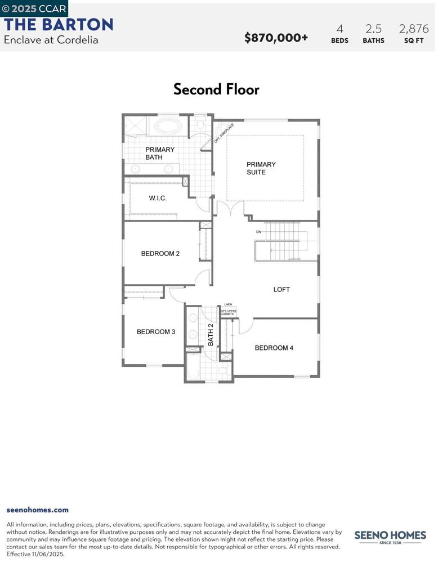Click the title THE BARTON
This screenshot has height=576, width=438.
[x=59, y=25]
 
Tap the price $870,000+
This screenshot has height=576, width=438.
[x=276, y=38]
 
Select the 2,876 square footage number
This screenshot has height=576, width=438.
[x=413, y=29]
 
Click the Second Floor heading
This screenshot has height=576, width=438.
[x=216, y=89]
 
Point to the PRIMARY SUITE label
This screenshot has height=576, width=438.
[x=261, y=168]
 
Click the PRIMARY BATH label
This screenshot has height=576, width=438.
[x=159, y=154]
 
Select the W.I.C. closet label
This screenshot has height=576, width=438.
[x=158, y=199]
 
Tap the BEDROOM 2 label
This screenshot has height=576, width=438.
[x=160, y=254]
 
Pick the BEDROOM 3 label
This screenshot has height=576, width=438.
[x=156, y=332]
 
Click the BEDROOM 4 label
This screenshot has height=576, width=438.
[x=274, y=348]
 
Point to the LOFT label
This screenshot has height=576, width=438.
[x=281, y=290]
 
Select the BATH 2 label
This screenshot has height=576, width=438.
[x=211, y=335]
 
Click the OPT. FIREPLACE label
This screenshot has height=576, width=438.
[x=224, y=133]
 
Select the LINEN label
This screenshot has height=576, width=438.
[x=227, y=304]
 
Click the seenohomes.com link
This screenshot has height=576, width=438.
[x=37, y=510]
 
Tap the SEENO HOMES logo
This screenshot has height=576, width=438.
[x=390, y=537]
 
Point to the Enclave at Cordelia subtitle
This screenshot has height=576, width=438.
[x=51, y=40]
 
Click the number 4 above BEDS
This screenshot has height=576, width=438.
[x=339, y=29]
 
